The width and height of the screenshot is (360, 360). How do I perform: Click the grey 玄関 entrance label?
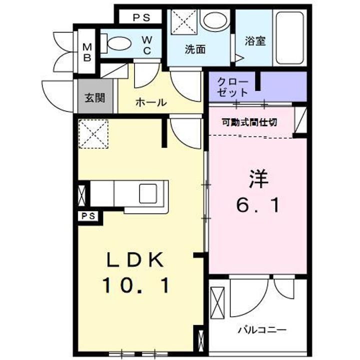tap(94, 97)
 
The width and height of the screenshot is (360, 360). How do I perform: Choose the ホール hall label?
tap(150, 102)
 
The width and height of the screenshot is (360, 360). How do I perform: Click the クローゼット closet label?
tap(232, 87)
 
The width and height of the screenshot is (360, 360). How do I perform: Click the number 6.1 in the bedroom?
tap(258, 204)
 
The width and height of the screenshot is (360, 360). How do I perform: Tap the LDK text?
tap(135, 260)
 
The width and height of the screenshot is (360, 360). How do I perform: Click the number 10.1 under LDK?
tap(136, 285)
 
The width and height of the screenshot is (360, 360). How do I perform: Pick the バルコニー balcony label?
tap(262, 330)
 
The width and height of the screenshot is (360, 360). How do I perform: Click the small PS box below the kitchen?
tap(89, 216)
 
